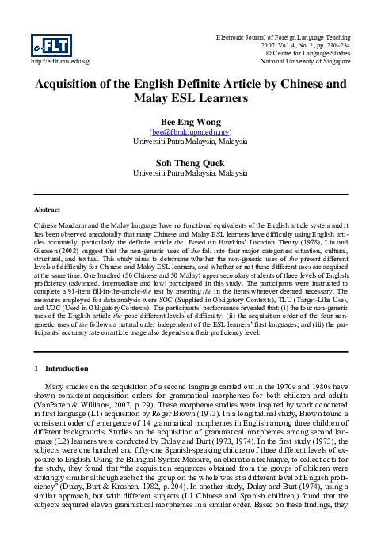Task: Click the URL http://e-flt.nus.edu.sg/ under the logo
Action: click(x=59, y=60)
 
